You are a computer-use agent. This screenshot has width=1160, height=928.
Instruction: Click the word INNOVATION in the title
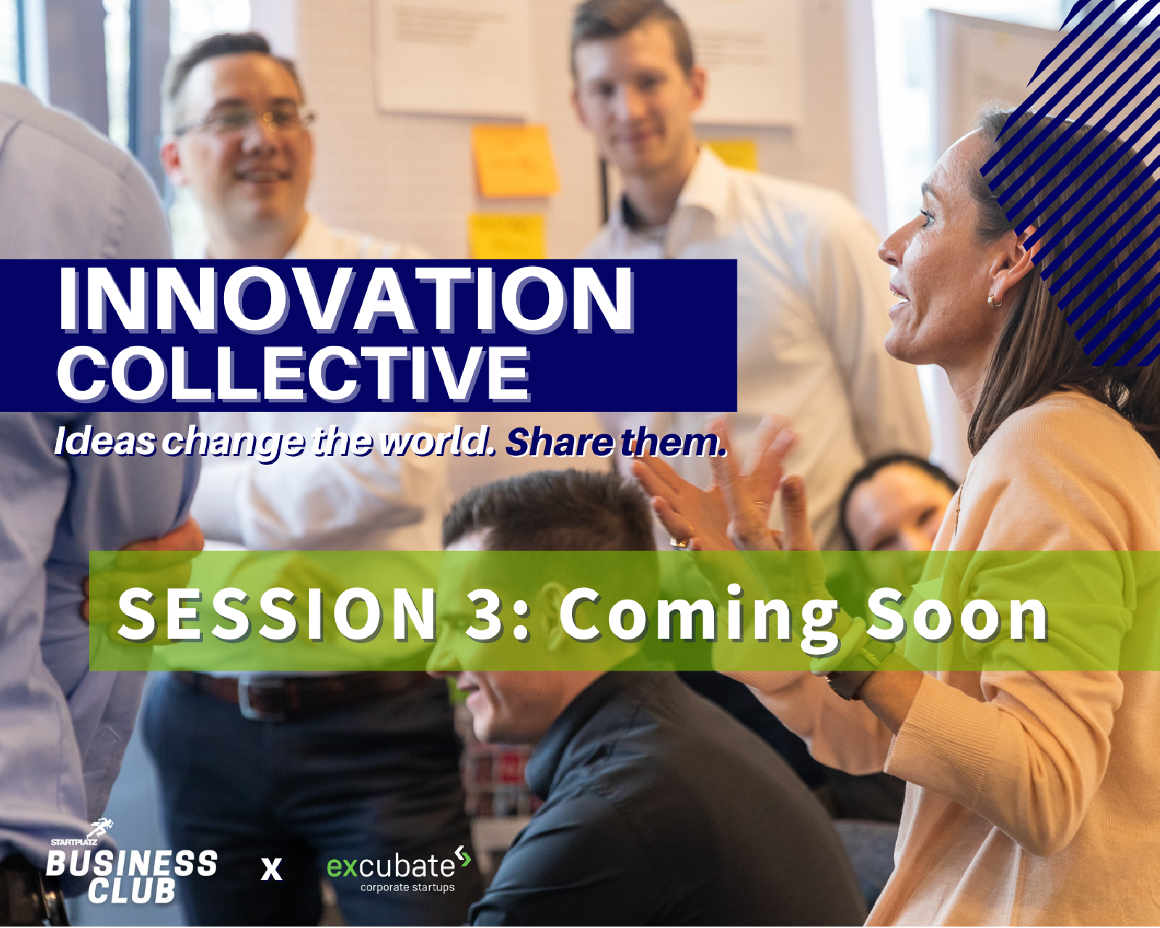point(346,299)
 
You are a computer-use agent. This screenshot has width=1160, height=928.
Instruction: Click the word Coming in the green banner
point(699,615)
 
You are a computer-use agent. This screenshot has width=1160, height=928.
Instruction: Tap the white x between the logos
point(272,868)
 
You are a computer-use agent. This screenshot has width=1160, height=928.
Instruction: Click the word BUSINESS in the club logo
point(132,863)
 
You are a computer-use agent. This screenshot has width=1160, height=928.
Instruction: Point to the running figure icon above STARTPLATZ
point(101,828)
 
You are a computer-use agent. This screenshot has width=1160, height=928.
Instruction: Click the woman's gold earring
point(994,299)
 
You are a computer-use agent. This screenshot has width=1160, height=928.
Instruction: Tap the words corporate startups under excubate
point(407,887)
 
